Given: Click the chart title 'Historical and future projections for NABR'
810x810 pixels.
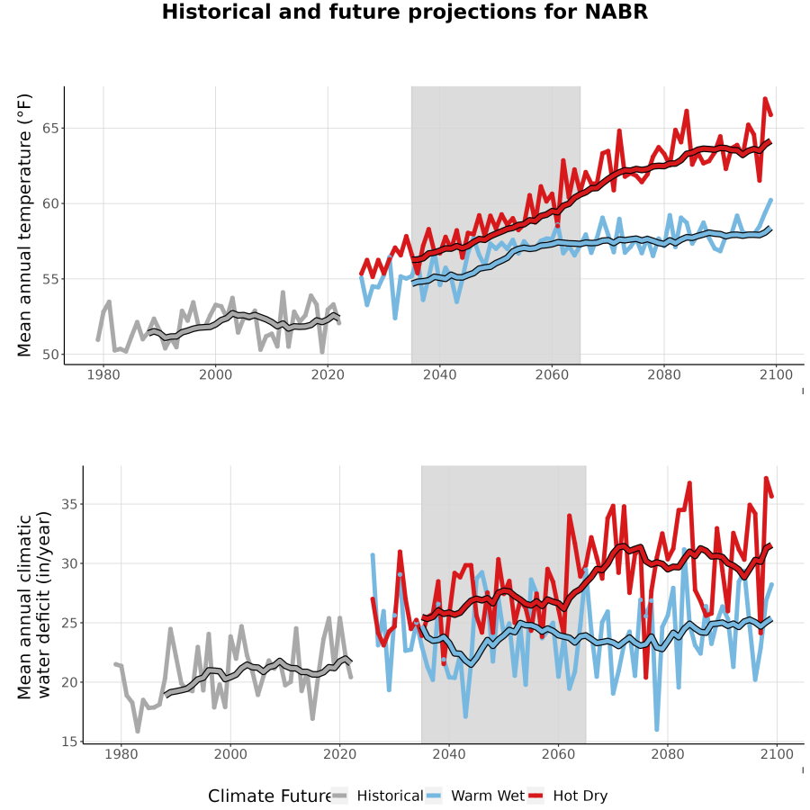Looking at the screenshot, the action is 404,12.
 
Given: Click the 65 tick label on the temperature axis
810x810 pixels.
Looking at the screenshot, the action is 50,128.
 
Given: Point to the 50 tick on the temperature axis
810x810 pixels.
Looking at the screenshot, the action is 50,355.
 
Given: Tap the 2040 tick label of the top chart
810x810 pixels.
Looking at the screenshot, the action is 439,374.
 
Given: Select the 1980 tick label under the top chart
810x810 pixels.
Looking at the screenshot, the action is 103,374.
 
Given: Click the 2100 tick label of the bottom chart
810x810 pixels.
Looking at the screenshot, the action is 777,754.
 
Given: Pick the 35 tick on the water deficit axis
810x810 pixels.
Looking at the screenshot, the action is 69,504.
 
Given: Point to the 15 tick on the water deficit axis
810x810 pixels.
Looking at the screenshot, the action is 69,742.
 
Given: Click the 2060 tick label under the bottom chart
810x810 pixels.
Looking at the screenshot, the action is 558,754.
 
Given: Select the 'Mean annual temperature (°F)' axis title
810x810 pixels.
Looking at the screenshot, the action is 24,225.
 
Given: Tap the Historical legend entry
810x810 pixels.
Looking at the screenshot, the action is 376,796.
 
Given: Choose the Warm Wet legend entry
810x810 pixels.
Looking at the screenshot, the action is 475,796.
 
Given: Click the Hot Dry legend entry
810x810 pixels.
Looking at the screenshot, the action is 568,796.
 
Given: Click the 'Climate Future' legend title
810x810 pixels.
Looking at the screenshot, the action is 270,796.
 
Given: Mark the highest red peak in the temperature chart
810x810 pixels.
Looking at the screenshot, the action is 765,98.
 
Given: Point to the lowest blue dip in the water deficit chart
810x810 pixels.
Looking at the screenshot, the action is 657,729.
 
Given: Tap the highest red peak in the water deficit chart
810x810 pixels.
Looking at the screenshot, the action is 766,479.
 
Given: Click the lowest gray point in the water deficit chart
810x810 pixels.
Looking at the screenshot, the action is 138,731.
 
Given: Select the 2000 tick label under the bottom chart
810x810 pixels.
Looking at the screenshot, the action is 230,754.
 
